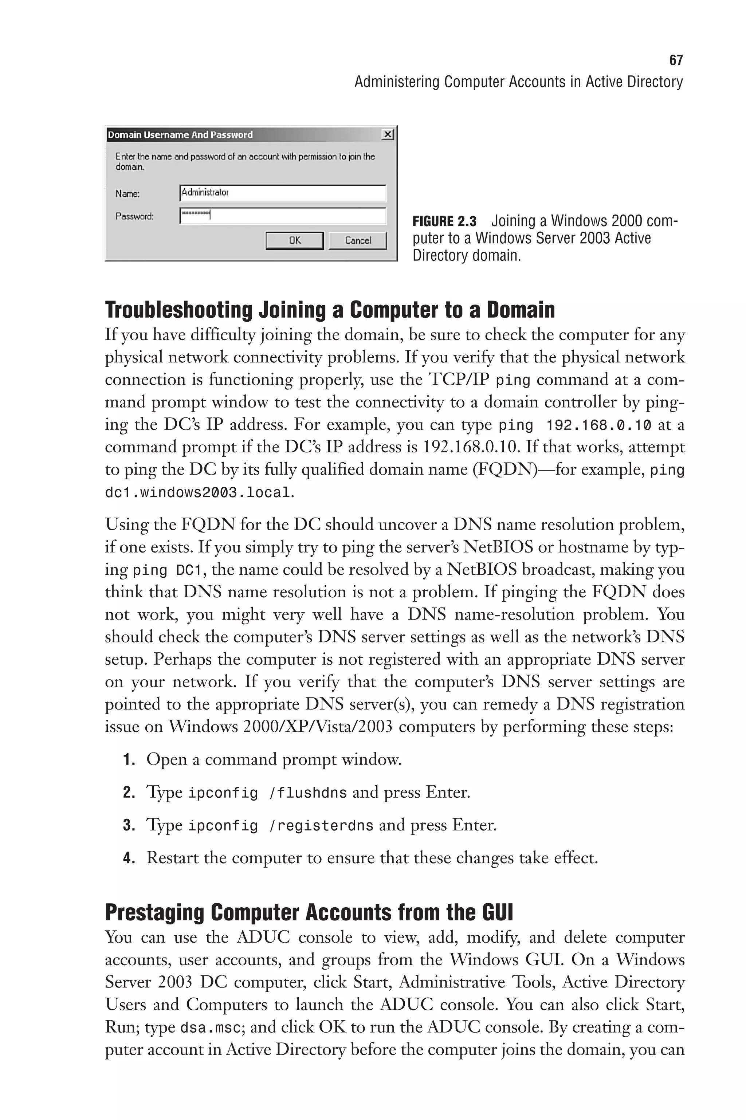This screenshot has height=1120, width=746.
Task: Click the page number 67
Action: pyautogui.click(x=676, y=60)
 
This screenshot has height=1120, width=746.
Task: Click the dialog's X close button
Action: pyautogui.click(x=388, y=135)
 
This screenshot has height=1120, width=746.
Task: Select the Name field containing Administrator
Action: pyautogui.click(x=283, y=193)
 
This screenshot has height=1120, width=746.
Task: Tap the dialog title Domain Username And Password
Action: pyautogui.click(x=180, y=135)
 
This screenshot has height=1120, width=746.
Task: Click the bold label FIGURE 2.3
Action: pyautogui.click(x=444, y=221)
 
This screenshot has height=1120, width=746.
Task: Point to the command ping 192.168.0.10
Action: pyautogui.click(x=574, y=425)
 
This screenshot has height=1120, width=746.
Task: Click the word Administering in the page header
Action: pyautogui.click(x=397, y=82)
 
